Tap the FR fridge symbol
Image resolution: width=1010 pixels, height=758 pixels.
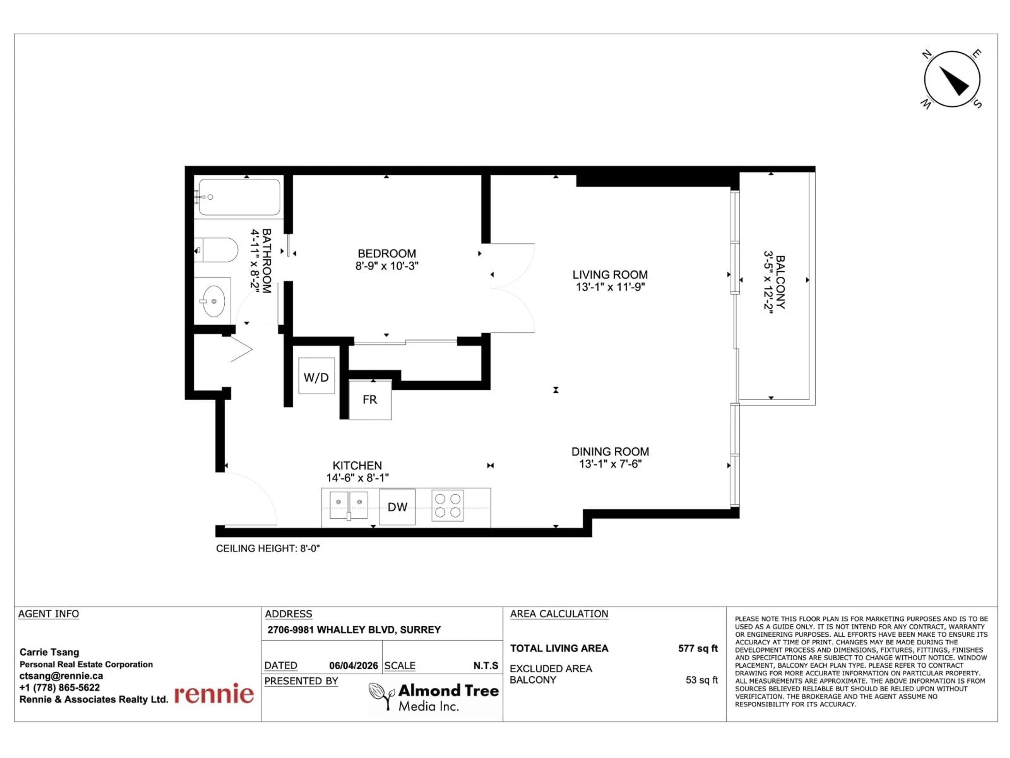(370, 400)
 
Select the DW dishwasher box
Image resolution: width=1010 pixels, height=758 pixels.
(397, 507)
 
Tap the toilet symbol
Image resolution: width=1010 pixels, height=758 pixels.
(217, 250)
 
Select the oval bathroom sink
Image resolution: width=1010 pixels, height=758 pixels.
(213, 301)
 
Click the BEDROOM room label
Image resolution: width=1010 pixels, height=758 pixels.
(387, 253)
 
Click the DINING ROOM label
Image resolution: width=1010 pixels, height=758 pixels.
(610, 451)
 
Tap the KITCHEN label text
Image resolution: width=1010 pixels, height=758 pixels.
(357, 466)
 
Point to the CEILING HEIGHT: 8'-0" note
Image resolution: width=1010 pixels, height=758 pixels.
(267, 548)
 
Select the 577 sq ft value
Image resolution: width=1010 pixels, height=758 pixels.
(698, 648)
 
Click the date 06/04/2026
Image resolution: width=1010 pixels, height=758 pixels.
(353, 666)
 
